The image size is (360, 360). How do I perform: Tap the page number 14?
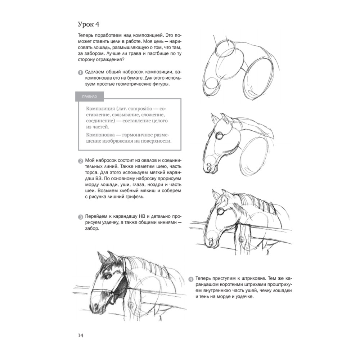pyautogui.click(x=80, y=336)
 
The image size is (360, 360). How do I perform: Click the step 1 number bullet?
pyautogui.click(x=80, y=72)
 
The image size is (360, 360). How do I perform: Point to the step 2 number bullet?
pyautogui.click(x=80, y=161)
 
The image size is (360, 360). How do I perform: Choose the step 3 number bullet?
pyautogui.click(x=80, y=217)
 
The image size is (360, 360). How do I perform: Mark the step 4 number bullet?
pyautogui.click(x=191, y=279)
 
